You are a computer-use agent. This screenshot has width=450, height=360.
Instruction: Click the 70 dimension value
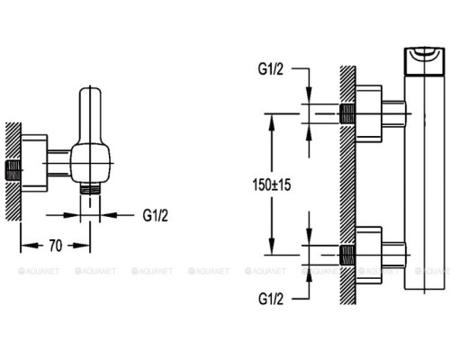tap(56, 246)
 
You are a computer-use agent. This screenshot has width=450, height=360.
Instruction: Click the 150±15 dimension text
tap(272, 184)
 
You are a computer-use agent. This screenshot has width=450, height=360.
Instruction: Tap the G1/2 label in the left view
tap(156, 215)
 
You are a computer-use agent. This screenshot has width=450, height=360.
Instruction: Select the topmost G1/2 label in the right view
tap(271, 69)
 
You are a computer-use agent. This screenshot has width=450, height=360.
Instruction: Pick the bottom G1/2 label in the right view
tap(271, 299)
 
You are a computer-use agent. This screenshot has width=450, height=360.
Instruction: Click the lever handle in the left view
tap(90, 115)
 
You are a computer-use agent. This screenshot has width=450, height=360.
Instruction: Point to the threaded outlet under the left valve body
tap(90, 189)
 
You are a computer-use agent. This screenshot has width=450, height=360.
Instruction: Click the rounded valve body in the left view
tap(91, 164)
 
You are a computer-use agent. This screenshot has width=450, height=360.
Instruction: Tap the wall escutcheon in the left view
tap(34, 163)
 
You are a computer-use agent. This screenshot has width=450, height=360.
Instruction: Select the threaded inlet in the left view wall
tap(13, 170)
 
